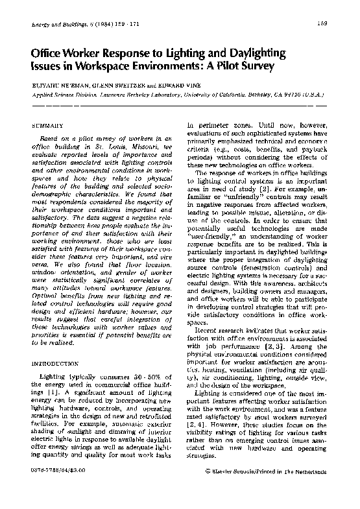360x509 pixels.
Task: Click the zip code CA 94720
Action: (282, 93)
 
